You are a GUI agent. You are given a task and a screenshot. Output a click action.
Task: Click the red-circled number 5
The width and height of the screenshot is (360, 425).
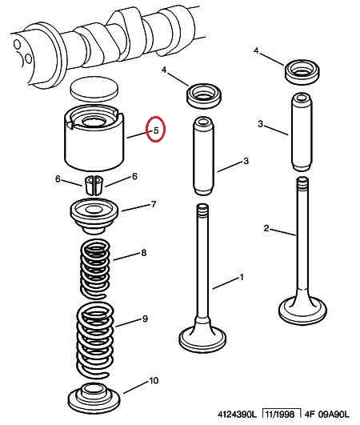[156, 130]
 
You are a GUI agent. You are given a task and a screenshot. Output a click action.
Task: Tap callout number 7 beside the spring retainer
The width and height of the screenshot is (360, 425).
[154, 204]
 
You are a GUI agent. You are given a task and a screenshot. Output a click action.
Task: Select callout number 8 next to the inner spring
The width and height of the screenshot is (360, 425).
[144, 253]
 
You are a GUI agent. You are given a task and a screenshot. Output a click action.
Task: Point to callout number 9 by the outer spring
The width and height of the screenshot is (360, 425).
[145, 319]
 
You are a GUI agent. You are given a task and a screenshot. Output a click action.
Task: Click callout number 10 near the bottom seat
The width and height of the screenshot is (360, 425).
[154, 380]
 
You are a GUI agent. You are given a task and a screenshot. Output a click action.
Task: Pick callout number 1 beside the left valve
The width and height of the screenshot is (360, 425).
[242, 278]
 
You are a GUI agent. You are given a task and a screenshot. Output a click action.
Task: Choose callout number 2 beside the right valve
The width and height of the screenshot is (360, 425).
[266, 228]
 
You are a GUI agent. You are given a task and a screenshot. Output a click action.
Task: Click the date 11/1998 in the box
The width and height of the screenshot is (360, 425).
[280, 414]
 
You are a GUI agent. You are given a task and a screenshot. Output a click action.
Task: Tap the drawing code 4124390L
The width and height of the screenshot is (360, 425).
[237, 415]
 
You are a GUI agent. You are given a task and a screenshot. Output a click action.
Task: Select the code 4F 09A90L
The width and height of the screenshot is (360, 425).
[327, 415]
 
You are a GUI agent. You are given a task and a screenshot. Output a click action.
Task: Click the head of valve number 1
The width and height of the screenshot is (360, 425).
[202, 339]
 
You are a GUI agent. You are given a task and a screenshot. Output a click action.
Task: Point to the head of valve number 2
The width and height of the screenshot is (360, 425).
[302, 311]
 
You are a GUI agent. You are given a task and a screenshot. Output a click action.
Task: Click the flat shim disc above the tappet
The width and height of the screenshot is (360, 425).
[94, 89]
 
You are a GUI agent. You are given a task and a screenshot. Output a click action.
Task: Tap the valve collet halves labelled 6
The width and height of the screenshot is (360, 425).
[94, 185]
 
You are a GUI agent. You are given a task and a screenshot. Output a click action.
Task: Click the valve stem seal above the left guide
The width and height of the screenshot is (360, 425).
[204, 96]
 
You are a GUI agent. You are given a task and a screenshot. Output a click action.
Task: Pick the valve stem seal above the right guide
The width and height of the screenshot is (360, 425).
[302, 72]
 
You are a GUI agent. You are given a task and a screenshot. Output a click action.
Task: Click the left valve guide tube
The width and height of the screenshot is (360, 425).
[203, 156]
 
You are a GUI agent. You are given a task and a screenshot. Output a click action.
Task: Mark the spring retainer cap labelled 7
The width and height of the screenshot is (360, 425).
[94, 215]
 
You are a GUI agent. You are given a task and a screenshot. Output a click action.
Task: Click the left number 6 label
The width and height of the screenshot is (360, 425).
[58, 179]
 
